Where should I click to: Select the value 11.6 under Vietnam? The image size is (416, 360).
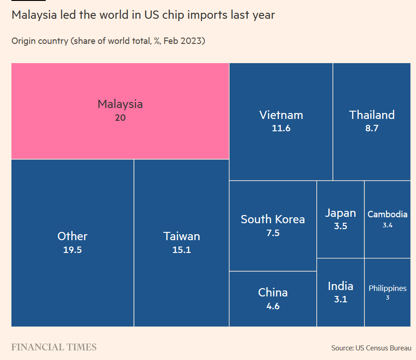[281, 128]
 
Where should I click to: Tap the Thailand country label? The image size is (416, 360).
[372, 115]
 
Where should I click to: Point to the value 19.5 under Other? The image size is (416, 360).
[72, 250]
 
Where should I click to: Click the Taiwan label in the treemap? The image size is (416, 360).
[181, 236]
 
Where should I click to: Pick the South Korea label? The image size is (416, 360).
[272, 219]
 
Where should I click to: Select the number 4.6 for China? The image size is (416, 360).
[272, 306]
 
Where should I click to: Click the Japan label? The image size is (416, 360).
[340, 213]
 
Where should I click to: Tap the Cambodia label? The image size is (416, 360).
[387, 214]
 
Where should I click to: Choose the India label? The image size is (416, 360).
[340, 286]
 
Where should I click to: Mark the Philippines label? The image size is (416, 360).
[387, 288]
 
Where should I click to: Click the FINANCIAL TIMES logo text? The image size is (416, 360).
[54, 347]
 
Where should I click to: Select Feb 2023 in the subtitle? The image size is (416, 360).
[185, 41]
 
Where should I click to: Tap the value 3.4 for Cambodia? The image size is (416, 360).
[387, 225]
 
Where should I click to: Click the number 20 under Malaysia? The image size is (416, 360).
[120, 118]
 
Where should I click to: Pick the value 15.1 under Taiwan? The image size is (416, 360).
[181, 250]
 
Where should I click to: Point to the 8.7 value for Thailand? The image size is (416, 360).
[372, 128]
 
